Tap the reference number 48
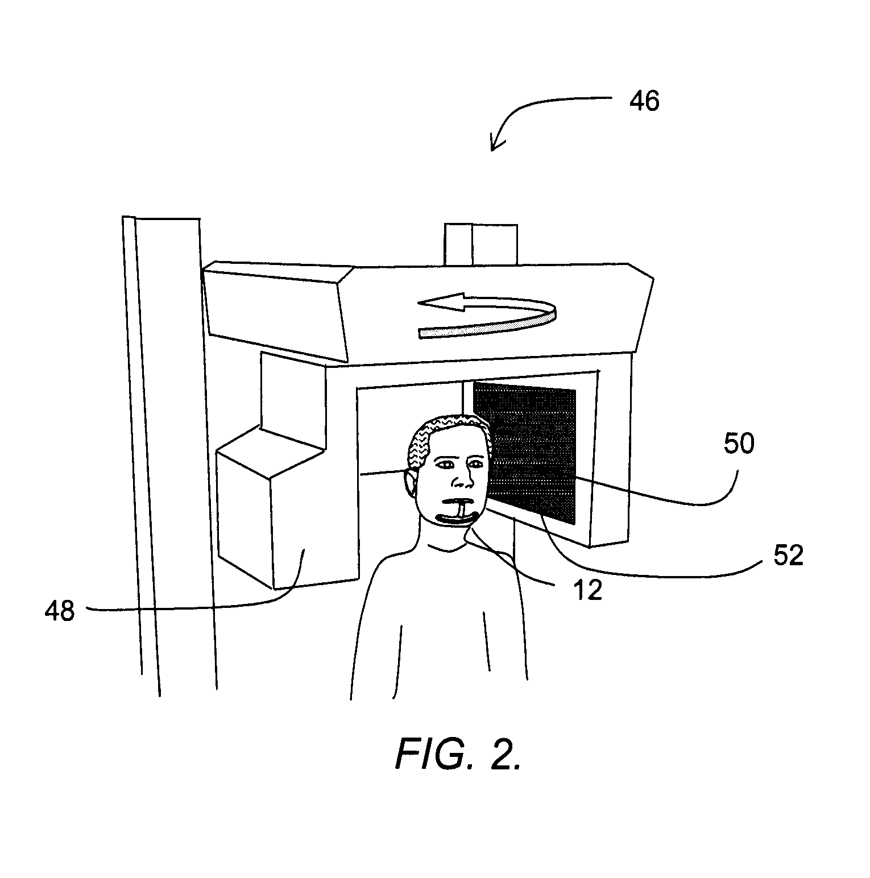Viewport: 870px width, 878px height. pyautogui.click(x=60, y=611)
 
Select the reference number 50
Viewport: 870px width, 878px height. pyautogui.click(x=739, y=444)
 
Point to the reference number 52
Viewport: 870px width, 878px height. pyautogui.click(x=788, y=555)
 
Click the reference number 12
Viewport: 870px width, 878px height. pyautogui.click(x=588, y=591)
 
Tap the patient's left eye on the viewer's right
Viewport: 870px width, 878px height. pyautogui.click(x=475, y=465)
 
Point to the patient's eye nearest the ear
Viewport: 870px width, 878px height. pyautogui.click(x=444, y=465)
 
